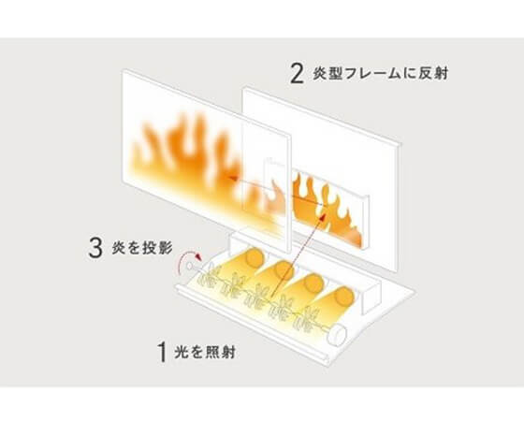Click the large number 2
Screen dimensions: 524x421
[x=297, y=74]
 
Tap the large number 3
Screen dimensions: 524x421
[x=95, y=248]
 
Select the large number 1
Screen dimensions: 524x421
[x=163, y=352]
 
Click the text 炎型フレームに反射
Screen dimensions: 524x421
[x=380, y=74]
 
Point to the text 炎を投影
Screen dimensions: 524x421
[x=142, y=248]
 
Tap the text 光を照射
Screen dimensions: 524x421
[x=205, y=352]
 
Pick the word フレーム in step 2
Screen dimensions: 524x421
[x=372, y=74]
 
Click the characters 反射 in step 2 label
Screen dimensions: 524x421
[x=433, y=74]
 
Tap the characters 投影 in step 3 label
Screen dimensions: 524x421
[x=158, y=248]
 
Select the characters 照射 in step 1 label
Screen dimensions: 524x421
[x=220, y=352]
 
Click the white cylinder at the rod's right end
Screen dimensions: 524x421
[x=337, y=335]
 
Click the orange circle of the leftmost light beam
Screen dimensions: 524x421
[x=255, y=258]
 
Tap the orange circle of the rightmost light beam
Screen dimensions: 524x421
[x=344, y=296]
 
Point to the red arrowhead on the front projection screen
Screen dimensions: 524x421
[x=231, y=179]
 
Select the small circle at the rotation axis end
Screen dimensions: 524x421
[x=190, y=266]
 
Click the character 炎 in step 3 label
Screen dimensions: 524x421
[x=119, y=248]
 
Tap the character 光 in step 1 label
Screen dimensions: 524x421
[x=182, y=352]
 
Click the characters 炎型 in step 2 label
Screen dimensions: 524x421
[x=327, y=74]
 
